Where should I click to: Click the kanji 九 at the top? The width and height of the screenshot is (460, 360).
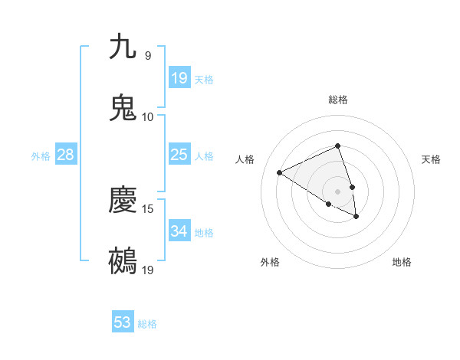point(123,47)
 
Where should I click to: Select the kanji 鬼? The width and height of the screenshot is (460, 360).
point(123,108)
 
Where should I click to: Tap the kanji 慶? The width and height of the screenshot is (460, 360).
point(123,201)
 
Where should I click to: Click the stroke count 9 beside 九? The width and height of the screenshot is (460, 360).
point(147,55)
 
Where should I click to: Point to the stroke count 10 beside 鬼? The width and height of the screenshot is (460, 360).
point(147,116)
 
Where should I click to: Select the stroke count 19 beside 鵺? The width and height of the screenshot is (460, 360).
point(147,270)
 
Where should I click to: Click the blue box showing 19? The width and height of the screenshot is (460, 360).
point(179,77)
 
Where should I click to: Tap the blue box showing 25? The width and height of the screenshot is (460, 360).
point(179,155)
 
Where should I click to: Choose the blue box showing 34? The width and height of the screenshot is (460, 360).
point(179,231)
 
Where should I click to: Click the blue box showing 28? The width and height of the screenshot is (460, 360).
point(66,155)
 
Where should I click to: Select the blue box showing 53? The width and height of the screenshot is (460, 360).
point(123,322)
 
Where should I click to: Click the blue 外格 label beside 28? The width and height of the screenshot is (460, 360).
point(41,156)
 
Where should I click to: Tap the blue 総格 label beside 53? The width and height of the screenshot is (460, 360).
point(147,324)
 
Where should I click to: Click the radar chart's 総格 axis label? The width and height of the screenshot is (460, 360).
point(338,100)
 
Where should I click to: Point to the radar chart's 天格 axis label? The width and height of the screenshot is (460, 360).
point(432,159)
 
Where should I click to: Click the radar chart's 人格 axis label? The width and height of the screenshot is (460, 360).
point(245,159)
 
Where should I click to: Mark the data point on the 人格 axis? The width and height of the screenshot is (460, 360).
point(280,173)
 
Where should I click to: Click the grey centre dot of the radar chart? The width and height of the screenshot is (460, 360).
point(337,191)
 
